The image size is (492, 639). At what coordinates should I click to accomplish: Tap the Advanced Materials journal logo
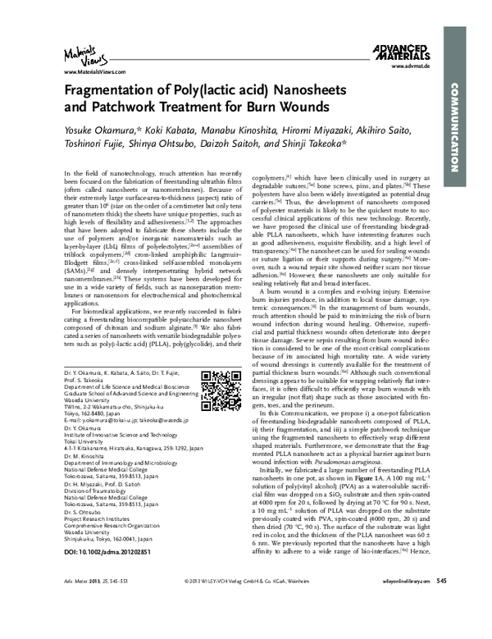point(398,54)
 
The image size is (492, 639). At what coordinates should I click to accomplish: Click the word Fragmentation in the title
point(112,93)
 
